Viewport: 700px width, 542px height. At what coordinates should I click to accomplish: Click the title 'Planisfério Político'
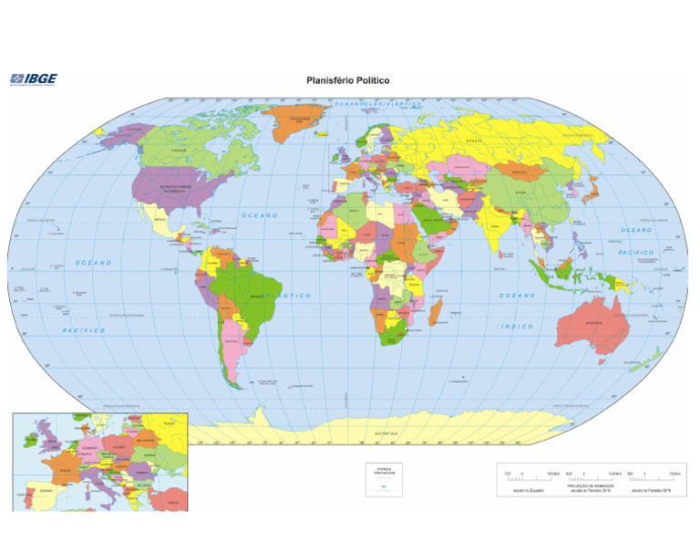coord(348,80)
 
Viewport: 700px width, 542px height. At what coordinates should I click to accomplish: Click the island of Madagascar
coord(436,316)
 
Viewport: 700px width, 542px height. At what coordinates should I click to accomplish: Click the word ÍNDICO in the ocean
coord(518,326)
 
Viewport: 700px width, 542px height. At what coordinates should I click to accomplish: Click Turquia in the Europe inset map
coord(168,500)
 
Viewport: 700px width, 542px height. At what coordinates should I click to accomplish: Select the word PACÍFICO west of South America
coord(85,329)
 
